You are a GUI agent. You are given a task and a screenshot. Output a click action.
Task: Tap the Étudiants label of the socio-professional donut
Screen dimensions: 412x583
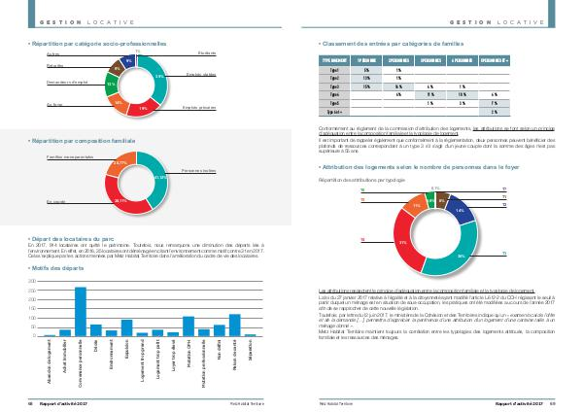206,51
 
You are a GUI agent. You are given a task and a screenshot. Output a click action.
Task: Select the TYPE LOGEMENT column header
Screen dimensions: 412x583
336,60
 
